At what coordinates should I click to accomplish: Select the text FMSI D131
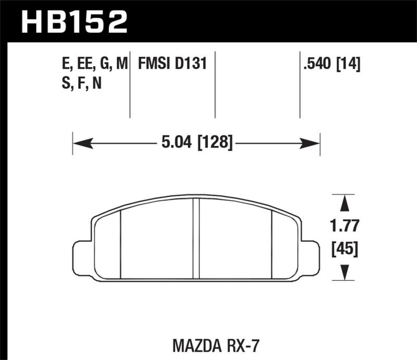tap(173, 64)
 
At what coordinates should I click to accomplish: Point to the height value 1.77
tap(344, 227)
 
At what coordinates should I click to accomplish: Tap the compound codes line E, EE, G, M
tap(94, 64)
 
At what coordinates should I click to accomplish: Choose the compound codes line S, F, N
tap(81, 83)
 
